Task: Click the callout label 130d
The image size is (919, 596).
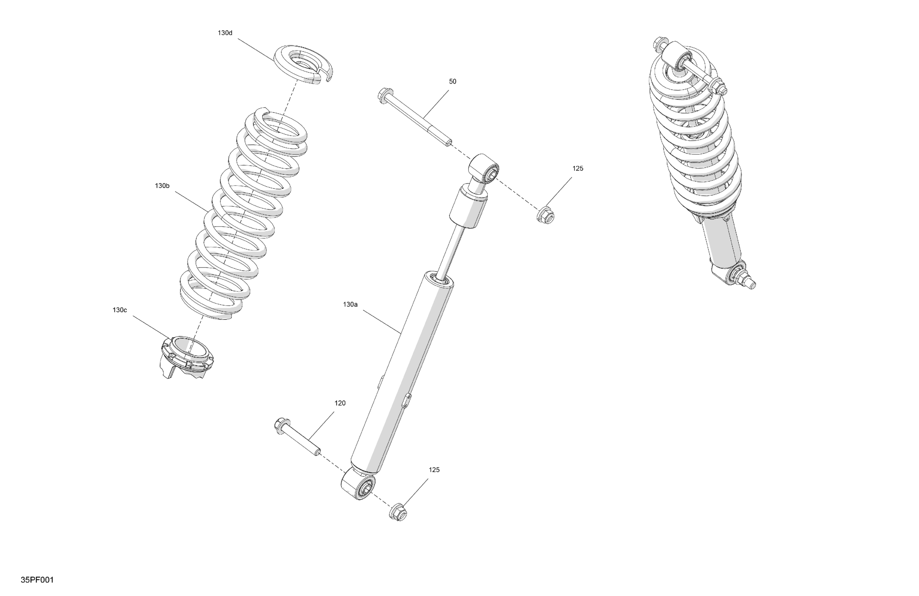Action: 225,33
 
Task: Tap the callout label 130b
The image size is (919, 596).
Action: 162,186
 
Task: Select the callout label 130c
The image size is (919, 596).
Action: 120,310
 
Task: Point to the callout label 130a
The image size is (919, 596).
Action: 350,304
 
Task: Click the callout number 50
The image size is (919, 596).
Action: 452,81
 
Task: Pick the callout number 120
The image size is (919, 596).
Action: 340,403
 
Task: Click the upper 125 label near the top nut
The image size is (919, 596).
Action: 578,168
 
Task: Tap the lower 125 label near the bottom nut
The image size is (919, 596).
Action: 434,470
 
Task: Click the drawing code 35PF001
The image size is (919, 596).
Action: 37,580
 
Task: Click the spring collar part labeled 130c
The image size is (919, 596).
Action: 187,355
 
